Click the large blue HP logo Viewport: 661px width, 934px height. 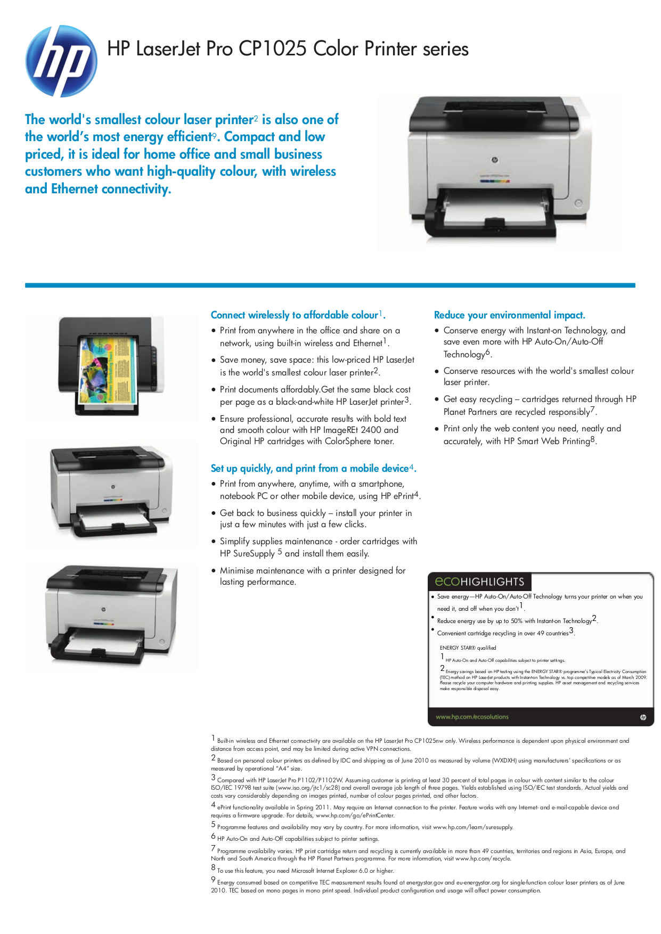(x=61, y=61)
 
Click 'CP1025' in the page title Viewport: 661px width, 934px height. (x=272, y=49)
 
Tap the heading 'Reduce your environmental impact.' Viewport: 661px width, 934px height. (x=509, y=315)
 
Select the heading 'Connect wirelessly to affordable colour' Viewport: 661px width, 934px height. (x=295, y=315)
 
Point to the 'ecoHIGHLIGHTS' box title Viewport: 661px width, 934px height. (x=479, y=582)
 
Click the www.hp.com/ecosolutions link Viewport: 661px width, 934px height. (x=472, y=717)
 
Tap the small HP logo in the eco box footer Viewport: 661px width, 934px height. (x=643, y=717)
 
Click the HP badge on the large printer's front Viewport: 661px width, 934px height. (x=494, y=160)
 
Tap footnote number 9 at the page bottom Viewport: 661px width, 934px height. (x=213, y=880)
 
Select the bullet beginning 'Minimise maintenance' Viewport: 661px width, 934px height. (x=313, y=576)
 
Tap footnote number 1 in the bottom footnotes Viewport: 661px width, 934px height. (x=213, y=738)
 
